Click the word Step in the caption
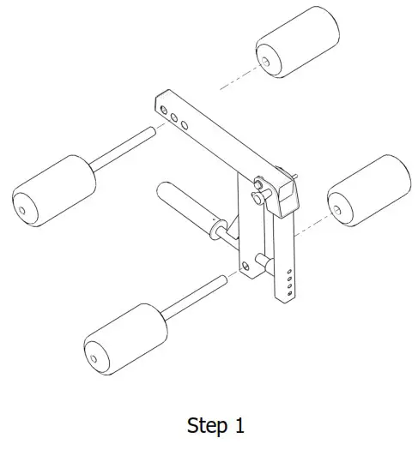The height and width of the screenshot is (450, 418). pos(207,426)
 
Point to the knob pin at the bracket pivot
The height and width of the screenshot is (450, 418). pos(258,184)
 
